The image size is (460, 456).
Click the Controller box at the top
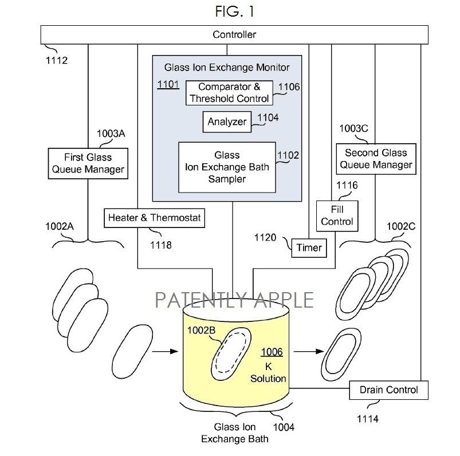pos(234,34)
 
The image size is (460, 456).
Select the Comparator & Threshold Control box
pos(229,93)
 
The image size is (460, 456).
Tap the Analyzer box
pos(227,121)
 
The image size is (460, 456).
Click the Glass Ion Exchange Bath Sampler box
pos(227,167)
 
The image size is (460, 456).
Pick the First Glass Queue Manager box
pos(88,163)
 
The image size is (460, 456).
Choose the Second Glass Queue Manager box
pos(376,159)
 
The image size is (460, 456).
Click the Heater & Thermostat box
pos(154,218)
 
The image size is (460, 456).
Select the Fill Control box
pos(337,216)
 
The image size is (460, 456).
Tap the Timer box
pos(309,248)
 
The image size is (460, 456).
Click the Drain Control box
pos(389,390)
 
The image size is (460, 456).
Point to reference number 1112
pos(57,61)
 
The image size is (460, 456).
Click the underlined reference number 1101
pos(168,85)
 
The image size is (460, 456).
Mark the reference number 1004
pos(284,427)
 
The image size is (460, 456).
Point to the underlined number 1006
pos(272,352)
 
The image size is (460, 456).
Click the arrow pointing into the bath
pos(165,351)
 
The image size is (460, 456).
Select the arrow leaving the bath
pos(309,351)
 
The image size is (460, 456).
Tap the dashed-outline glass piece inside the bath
pos(231,354)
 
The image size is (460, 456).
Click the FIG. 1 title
pos(235,11)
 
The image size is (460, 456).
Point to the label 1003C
pos(353,128)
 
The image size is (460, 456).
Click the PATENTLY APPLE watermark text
pos(234,300)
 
